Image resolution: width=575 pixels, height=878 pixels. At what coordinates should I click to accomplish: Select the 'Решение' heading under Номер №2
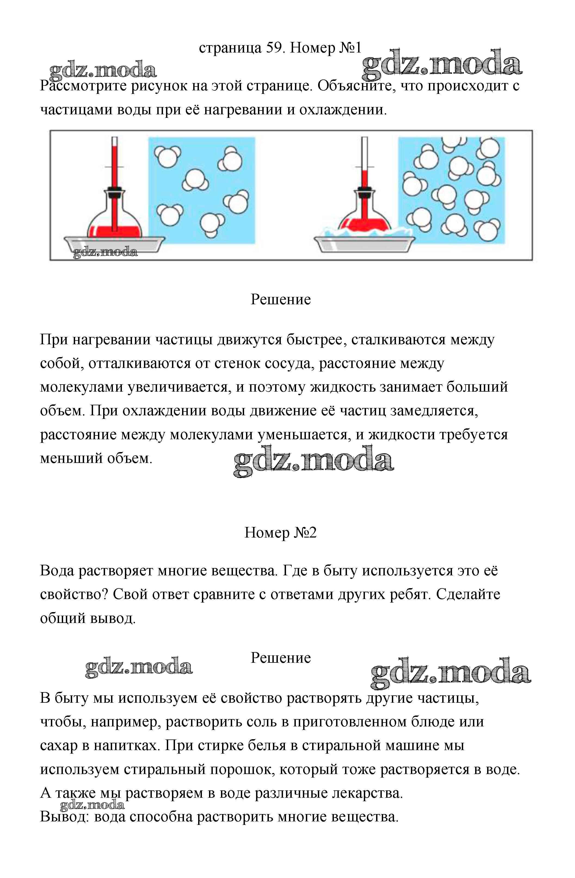point(281,658)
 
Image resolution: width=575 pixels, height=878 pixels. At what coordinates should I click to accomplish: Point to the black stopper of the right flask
point(364,191)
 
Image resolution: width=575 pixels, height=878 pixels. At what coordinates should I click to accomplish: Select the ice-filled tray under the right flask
point(364,242)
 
